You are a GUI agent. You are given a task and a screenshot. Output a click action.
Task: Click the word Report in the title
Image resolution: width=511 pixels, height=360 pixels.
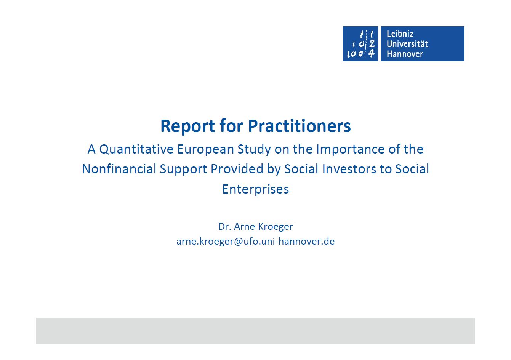(x=187, y=126)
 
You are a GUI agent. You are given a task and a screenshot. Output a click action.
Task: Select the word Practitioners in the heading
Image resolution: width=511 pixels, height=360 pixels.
(x=299, y=126)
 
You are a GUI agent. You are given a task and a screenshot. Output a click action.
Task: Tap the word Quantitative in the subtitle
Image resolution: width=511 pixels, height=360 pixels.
(x=136, y=150)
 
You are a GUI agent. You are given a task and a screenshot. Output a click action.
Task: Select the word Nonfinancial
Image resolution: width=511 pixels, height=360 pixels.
(x=119, y=169)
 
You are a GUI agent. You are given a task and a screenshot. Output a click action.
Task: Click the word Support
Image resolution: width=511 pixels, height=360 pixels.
(x=183, y=170)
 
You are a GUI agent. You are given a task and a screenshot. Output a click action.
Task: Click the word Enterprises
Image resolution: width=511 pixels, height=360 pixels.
(x=255, y=189)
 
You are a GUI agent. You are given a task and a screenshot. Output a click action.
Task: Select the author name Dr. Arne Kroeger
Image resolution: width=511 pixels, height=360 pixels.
(x=255, y=226)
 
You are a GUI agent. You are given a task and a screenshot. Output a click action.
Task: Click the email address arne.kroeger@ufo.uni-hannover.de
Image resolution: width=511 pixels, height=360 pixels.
(x=255, y=242)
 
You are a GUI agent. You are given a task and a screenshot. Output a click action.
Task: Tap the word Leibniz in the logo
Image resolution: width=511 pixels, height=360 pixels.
(x=400, y=34)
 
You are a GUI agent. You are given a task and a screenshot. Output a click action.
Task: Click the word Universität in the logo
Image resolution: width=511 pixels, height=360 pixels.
(x=407, y=44)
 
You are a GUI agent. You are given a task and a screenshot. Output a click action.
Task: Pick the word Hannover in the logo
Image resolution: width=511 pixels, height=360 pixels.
(x=405, y=54)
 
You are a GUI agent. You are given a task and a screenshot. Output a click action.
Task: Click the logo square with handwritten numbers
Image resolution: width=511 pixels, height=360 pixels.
(x=360, y=44)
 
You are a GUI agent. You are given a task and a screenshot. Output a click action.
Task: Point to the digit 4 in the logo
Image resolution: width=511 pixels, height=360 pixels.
(x=372, y=54)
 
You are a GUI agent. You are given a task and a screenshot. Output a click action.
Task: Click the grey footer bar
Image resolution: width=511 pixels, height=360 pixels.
(x=255, y=331)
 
